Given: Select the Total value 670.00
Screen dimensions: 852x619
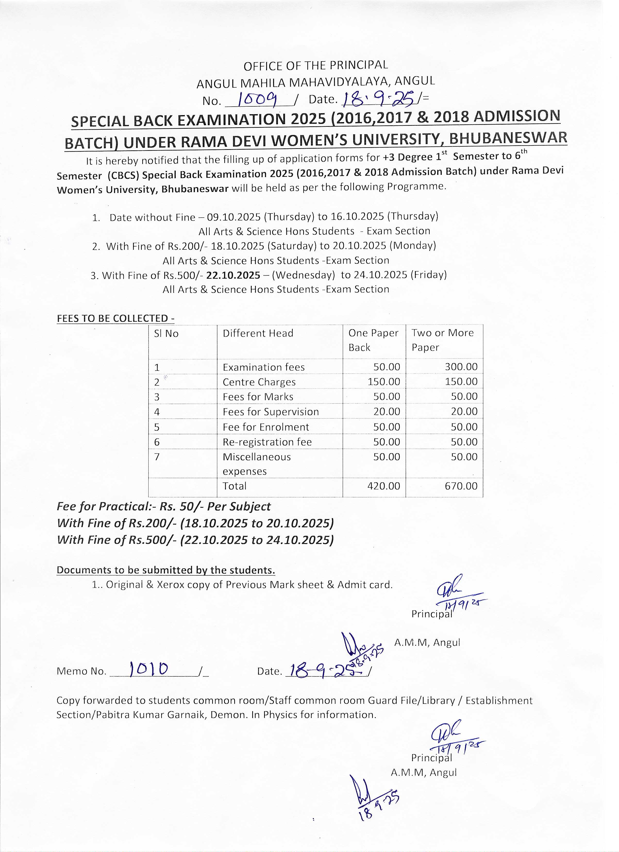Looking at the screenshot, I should tap(461, 486).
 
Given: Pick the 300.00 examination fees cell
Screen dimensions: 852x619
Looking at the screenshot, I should tap(461, 367).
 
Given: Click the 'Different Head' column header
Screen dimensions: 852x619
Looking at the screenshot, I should tap(258, 333).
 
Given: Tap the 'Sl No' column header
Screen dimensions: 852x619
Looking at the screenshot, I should tap(166, 334).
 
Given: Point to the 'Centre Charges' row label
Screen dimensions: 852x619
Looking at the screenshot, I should tap(259, 382).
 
